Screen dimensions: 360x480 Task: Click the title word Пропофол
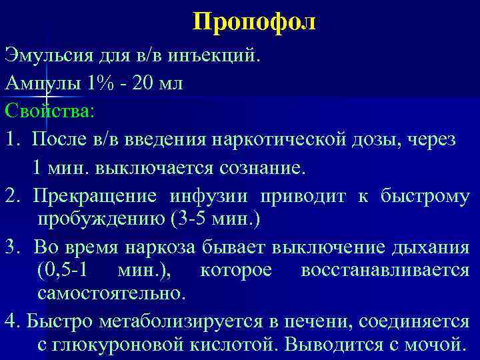click(x=256, y=23)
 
